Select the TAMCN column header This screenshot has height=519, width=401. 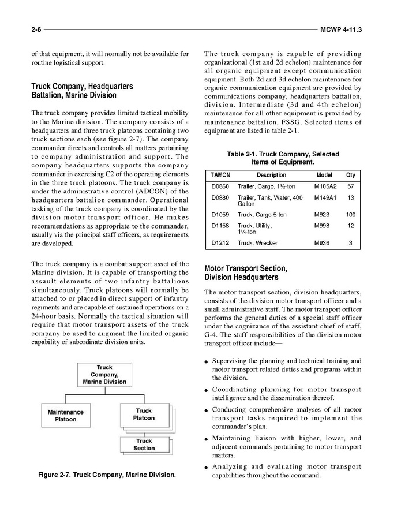coord(219,175)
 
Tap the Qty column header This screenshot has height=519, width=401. coord(350,175)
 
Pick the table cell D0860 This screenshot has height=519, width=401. coord(220,187)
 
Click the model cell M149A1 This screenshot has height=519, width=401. coord(326,198)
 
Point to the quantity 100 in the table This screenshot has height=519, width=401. coord(350,215)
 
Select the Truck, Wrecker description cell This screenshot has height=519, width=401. coord(257,243)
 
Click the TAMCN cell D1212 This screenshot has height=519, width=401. coord(220,243)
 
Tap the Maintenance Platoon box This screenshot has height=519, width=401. coord(65,416)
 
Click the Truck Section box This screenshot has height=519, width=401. coord(144,445)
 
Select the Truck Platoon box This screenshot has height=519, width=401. coord(144,415)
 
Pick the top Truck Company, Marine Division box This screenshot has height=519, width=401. coord(104,375)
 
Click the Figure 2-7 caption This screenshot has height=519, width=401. coord(107,475)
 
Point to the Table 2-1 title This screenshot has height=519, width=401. coord(283,158)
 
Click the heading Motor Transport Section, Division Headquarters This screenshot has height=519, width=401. coord(246,272)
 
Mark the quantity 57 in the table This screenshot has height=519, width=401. coord(350,187)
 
